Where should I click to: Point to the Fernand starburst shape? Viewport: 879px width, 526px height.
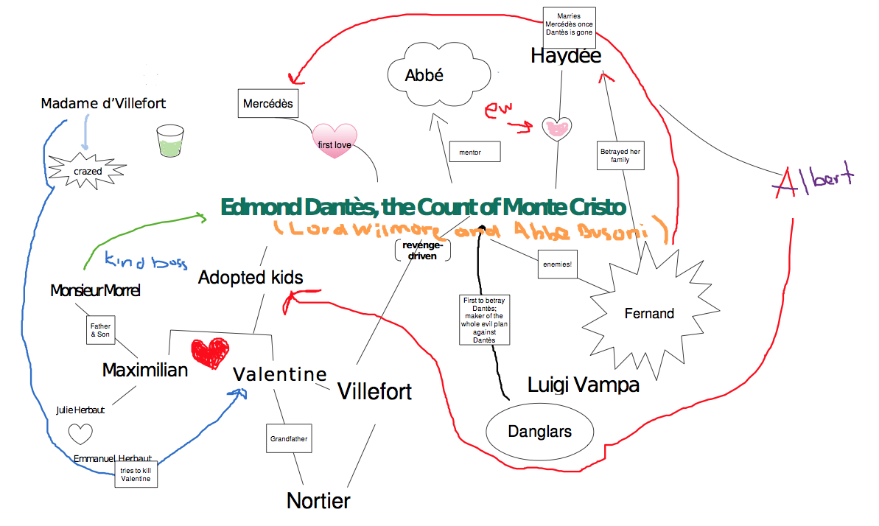(x=649, y=313)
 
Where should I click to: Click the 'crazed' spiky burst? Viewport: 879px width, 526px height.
(x=88, y=171)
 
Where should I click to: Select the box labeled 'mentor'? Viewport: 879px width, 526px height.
(x=474, y=152)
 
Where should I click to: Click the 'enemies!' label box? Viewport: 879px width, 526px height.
(x=557, y=264)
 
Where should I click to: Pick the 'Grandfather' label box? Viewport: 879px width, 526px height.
(x=289, y=438)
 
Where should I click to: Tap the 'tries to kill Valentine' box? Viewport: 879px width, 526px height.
(x=135, y=474)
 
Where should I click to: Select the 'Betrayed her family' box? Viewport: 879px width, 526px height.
(x=620, y=155)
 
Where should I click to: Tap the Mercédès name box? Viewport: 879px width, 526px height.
(x=268, y=104)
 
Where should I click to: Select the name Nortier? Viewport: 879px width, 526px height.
(x=318, y=501)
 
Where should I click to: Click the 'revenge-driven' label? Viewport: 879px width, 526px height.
(x=422, y=250)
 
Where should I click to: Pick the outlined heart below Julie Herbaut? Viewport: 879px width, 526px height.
(x=80, y=433)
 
